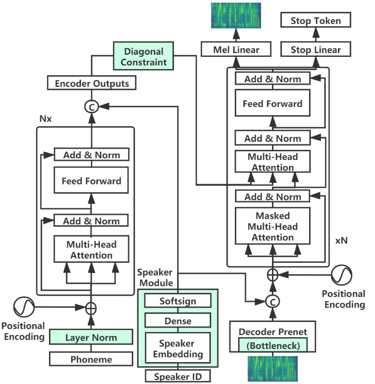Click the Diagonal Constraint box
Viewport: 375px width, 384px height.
144,56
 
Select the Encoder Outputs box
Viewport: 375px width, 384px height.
92,83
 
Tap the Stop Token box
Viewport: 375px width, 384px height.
316,20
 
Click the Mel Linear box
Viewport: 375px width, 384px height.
236,49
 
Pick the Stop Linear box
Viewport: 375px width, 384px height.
316,49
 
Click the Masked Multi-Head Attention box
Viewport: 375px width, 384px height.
272,226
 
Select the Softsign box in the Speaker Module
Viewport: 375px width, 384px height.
178,300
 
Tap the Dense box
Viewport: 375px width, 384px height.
178,320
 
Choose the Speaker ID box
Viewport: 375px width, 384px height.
178,376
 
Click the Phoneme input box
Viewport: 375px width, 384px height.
91,359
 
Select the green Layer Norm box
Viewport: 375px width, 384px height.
91,337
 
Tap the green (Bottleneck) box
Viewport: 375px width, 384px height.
273,345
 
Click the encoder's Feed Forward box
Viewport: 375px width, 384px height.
91,181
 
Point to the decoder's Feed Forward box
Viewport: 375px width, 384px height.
272,103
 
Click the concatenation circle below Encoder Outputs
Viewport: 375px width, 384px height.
91,107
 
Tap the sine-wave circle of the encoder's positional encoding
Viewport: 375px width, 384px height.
24,307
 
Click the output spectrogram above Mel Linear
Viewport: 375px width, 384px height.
236,15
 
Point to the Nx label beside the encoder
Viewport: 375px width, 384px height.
46,119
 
